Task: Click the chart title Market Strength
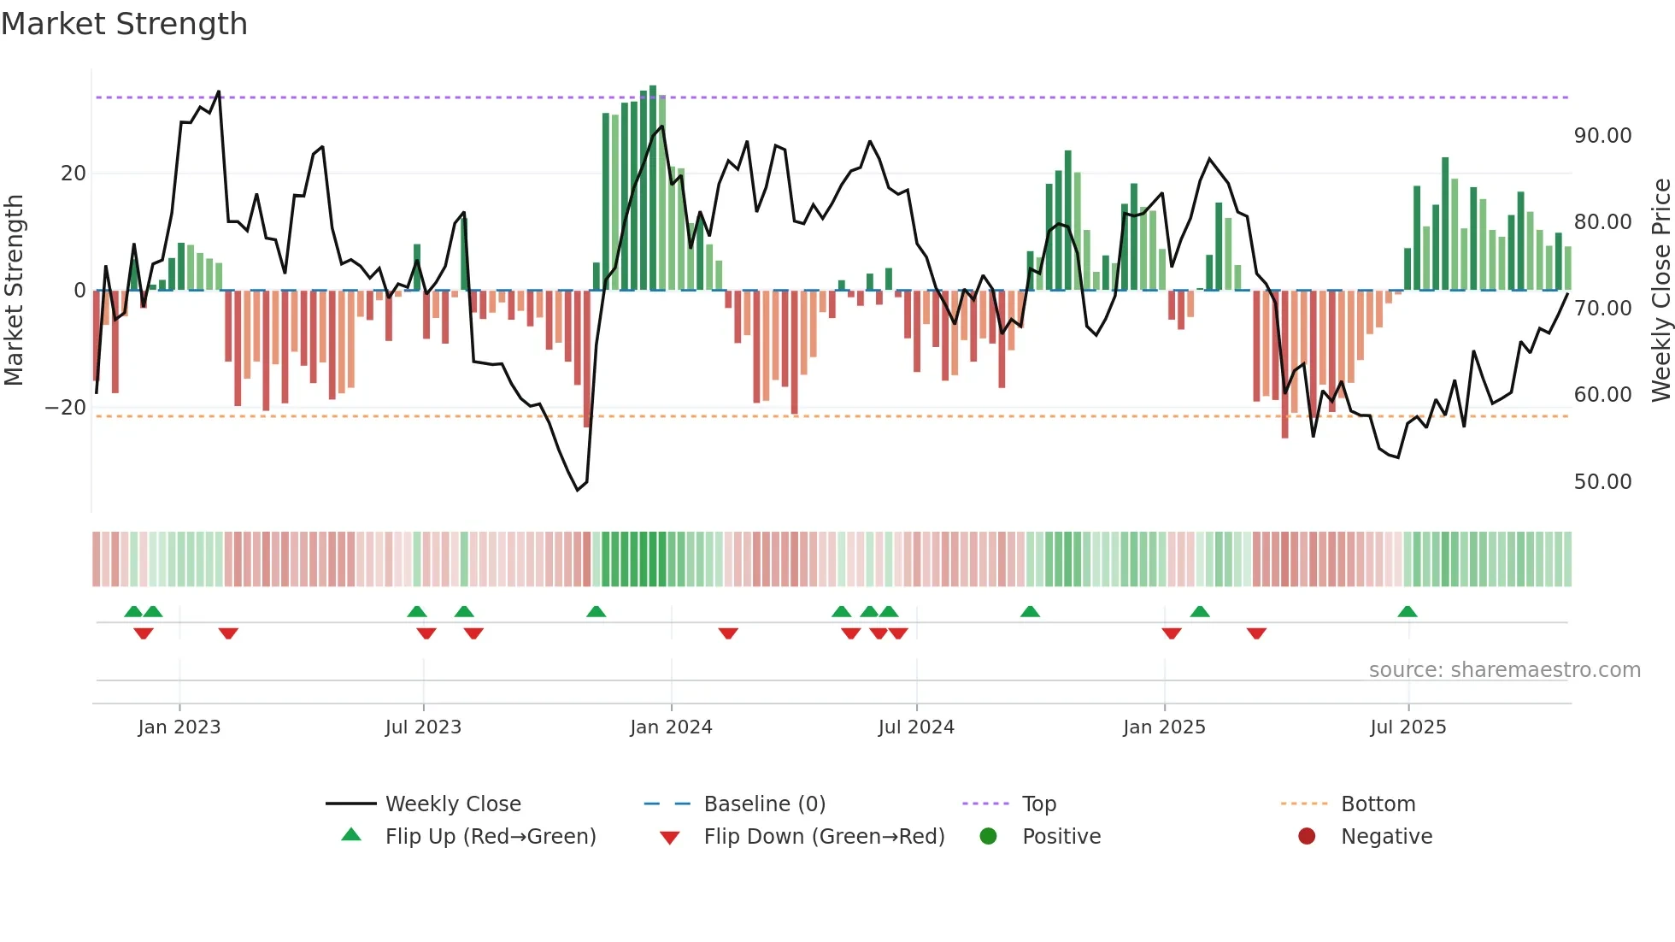(x=124, y=24)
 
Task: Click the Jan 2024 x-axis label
(x=671, y=727)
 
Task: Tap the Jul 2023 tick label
(x=423, y=727)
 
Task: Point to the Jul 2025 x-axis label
(x=1408, y=727)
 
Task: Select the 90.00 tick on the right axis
(x=1602, y=136)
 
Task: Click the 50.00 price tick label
(x=1602, y=482)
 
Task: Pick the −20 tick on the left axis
(x=66, y=408)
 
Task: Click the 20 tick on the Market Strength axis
(x=73, y=174)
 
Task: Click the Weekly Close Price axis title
(x=1660, y=291)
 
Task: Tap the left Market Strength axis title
(x=15, y=291)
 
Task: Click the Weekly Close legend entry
(x=452, y=804)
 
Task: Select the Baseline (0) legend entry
(x=764, y=804)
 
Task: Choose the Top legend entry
(x=1038, y=804)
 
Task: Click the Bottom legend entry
(x=1378, y=804)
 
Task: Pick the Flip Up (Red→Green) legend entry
(x=490, y=837)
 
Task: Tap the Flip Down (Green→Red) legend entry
(x=824, y=837)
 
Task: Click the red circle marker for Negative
(x=1307, y=837)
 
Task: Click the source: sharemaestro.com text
(x=1504, y=670)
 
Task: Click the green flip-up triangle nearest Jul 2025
(x=1407, y=612)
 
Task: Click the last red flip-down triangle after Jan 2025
(x=1256, y=633)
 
